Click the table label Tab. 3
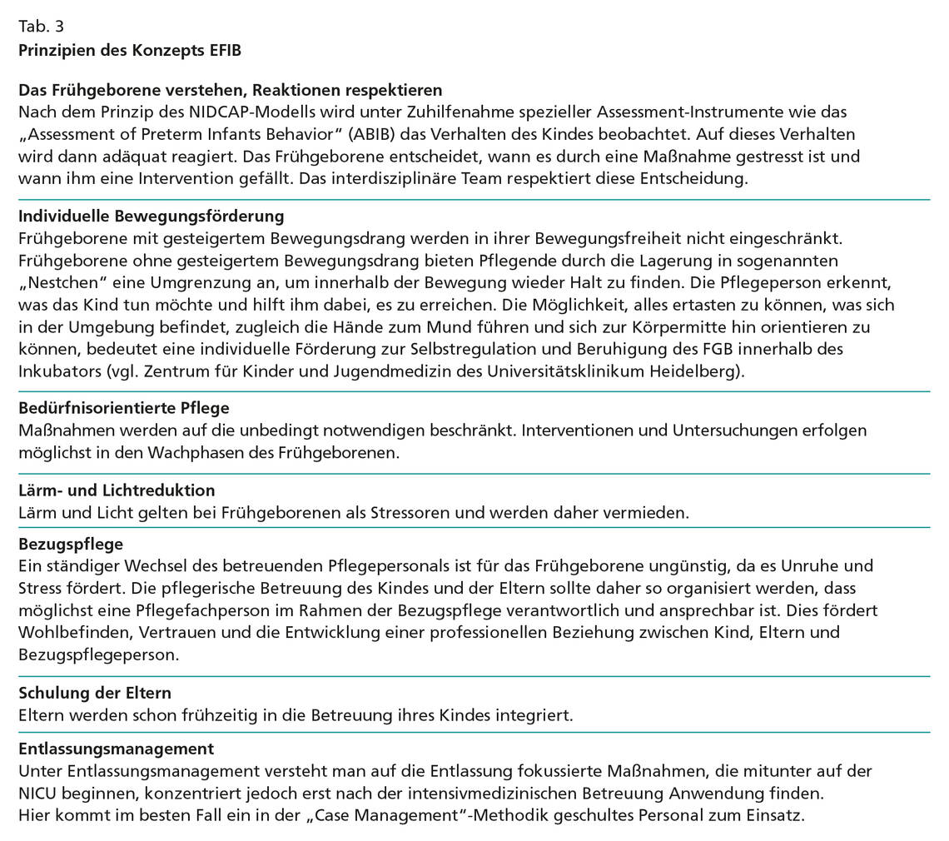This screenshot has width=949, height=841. [x=41, y=26]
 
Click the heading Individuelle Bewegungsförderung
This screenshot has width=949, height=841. [x=152, y=216]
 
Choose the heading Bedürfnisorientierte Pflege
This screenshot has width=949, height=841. [x=124, y=408]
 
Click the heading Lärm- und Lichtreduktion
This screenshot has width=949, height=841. [x=117, y=490]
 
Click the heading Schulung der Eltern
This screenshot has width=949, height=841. [x=95, y=693]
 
